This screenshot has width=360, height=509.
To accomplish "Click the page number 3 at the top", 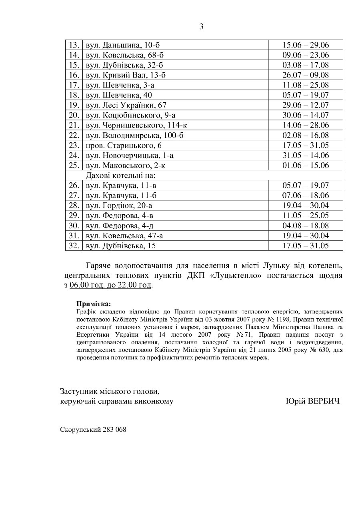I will coord(201,27).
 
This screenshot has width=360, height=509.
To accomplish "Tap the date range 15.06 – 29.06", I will coord(306,45).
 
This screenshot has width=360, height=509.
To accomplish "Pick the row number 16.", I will coord(74,75).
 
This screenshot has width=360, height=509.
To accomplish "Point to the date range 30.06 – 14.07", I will coord(306,115).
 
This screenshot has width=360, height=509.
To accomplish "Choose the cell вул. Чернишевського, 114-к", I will coord(136,125).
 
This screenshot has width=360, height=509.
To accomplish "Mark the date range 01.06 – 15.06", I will coord(306,165).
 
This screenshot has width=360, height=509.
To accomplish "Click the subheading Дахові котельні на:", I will coord(120,175).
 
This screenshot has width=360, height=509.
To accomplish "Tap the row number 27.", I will coord(74,195).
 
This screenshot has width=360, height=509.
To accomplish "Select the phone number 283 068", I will coord(114,429).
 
